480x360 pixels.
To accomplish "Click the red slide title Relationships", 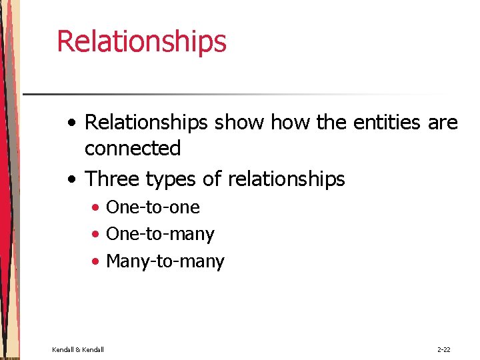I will click(x=141, y=41).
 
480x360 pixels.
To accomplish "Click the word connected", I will click(x=133, y=148).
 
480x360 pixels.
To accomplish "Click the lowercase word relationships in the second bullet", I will click(x=287, y=179).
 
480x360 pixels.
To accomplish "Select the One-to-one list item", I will click(x=153, y=207).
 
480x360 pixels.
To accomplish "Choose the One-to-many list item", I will click(x=160, y=234).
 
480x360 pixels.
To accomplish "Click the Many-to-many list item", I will click(x=165, y=261).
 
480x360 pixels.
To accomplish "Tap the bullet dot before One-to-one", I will click(x=97, y=208).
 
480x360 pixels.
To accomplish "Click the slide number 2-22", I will click(x=444, y=349).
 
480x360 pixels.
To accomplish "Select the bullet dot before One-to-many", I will click(x=97, y=235).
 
